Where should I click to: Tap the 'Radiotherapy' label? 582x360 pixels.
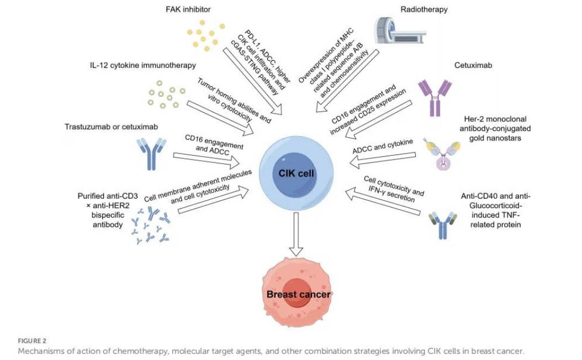(424, 9)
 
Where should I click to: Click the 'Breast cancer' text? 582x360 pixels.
(298, 294)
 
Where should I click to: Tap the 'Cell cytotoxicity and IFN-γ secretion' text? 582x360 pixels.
(394, 188)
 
